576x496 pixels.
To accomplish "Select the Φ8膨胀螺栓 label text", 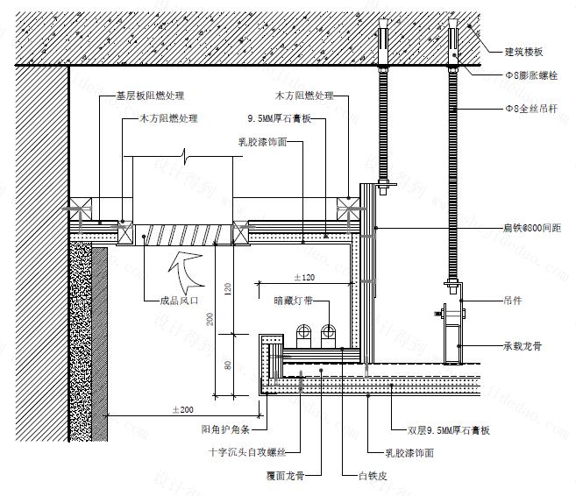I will point(530,76).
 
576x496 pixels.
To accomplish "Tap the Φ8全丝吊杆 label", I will point(530,109).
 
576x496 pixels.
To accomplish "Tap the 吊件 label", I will point(514,300).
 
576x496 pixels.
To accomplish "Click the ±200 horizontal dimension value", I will point(182,408).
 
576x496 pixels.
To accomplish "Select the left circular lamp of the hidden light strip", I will point(306,331).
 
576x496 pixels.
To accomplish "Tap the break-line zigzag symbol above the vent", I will point(183,157).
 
